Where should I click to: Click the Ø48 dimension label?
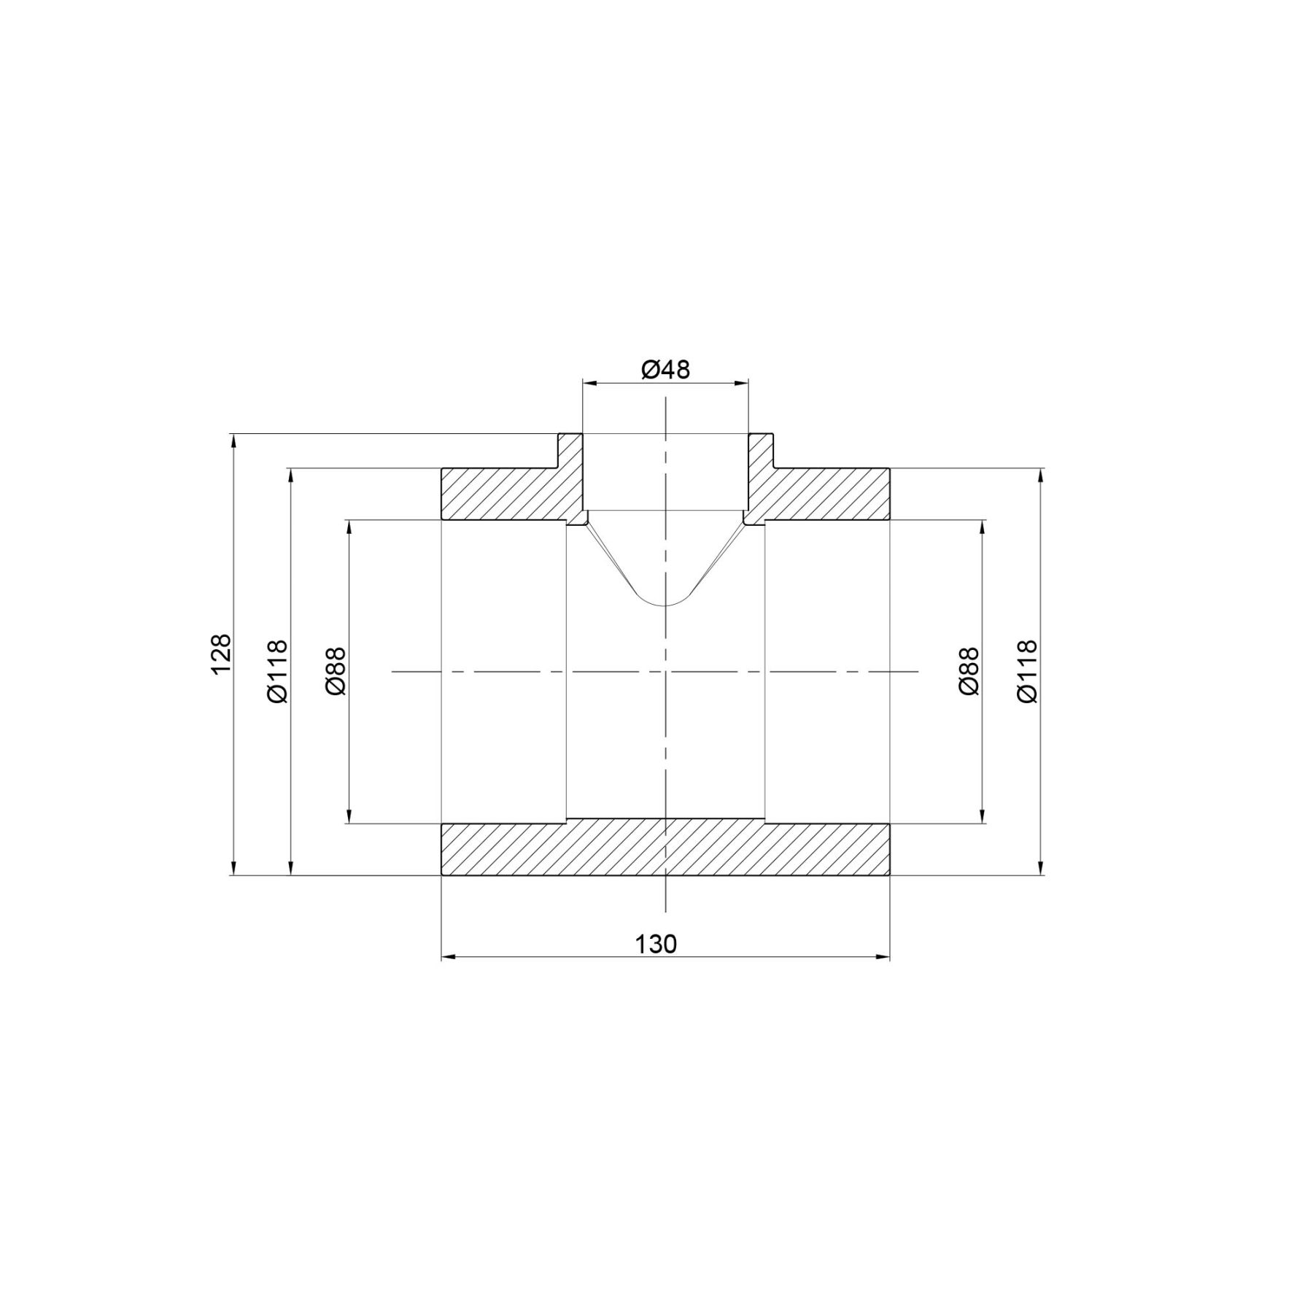pyautogui.click(x=665, y=370)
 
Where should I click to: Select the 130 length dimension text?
pyautogui.click(x=656, y=944)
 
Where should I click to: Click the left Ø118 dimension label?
pyautogui.click(x=277, y=671)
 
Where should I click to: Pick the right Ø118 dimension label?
pyautogui.click(x=1026, y=671)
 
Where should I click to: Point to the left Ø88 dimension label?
pyautogui.click(x=336, y=671)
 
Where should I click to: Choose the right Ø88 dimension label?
pyautogui.click(x=969, y=671)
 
